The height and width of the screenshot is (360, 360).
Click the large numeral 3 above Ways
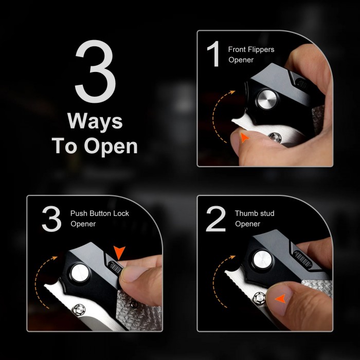95,71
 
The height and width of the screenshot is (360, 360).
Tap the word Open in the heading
111,147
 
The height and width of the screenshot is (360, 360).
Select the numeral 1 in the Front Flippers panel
214,53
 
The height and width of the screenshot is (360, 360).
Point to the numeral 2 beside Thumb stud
216,219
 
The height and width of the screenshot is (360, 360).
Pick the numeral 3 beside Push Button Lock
51,219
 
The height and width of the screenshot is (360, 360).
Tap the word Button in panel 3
100,213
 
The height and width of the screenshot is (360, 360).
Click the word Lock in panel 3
121,213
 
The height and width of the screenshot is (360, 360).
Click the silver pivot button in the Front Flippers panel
267,99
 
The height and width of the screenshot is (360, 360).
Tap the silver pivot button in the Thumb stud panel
263,260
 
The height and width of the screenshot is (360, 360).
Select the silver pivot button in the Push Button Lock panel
80,273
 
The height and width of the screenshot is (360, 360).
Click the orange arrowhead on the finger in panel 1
244,137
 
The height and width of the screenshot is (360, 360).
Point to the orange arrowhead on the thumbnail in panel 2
281,298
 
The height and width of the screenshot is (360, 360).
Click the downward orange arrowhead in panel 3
119,253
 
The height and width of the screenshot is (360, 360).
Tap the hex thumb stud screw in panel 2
259,298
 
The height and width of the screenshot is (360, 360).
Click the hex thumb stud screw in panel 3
79,310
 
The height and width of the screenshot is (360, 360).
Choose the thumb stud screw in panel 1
275,137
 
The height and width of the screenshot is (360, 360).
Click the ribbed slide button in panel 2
303,259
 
